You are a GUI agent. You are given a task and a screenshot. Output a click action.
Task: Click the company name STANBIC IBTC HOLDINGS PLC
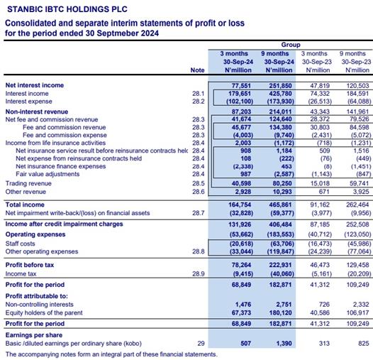point(67,9)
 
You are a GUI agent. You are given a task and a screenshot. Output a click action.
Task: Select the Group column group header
point(291,45)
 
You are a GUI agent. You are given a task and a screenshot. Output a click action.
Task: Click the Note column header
point(197,70)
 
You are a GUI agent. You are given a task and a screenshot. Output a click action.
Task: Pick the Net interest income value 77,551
point(241,85)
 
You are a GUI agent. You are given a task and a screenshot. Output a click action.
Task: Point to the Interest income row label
point(27,94)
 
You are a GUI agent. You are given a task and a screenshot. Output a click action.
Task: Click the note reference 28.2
point(199,102)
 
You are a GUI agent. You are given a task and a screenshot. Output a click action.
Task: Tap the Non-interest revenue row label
point(37,111)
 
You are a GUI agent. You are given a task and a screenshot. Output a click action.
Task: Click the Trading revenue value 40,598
point(241,183)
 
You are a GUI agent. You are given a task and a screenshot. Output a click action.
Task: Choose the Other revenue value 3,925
point(361,192)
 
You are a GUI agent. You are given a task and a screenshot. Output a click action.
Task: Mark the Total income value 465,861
point(281,204)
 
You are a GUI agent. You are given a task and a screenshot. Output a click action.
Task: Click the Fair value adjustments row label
point(48,174)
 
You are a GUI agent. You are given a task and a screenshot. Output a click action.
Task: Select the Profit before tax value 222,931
point(281,265)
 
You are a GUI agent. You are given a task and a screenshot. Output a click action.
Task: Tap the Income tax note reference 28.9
point(199,274)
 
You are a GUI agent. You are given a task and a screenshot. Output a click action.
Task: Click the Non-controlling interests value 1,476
point(243,304)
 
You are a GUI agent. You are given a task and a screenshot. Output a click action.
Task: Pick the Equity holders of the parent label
point(44,312)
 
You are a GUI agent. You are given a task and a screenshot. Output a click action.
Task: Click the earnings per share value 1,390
point(284,344)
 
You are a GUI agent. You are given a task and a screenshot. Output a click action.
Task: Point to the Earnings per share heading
point(34,335)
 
